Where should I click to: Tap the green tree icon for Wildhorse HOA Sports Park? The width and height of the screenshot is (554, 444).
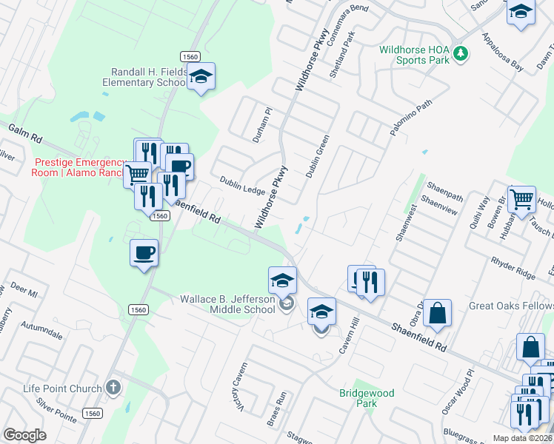point(461,53)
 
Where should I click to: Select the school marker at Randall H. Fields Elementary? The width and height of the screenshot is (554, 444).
point(201,76)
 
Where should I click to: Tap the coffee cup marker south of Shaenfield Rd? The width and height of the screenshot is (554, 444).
point(144,254)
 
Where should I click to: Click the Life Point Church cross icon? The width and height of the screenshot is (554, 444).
point(113,387)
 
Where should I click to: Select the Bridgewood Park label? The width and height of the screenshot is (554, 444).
point(367,398)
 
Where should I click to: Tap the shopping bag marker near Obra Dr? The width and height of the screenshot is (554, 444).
point(438,313)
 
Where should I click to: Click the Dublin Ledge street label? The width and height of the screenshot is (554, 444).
point(242,185)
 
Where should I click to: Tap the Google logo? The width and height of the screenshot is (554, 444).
point(25,435)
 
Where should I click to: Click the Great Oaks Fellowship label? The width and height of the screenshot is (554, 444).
point(511,306)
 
